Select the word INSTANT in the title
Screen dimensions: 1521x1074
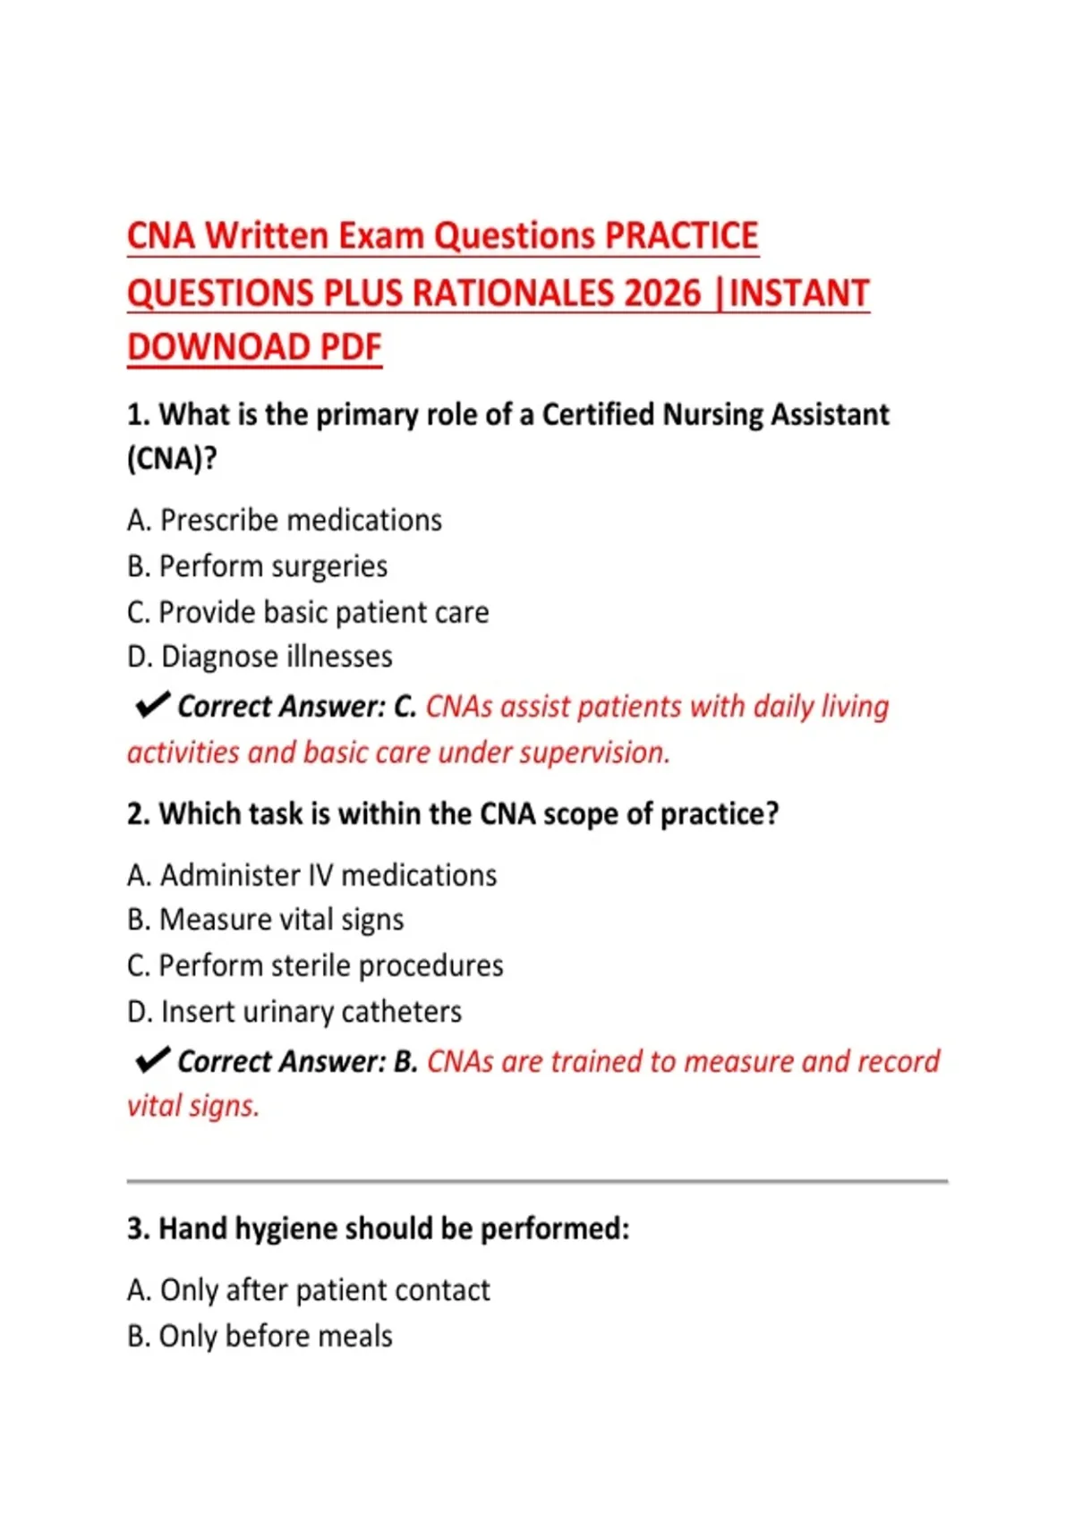point(799,293)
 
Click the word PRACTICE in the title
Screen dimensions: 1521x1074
point(682,236)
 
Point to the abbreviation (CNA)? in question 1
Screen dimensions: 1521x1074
point(172,459)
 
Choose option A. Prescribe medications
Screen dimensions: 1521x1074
point(285,520)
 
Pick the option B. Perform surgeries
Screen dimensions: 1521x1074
point(258,566)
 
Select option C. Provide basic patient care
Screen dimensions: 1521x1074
point(308,612)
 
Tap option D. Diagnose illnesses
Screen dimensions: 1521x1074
point(260,657)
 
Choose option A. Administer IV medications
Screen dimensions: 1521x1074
point(311,875)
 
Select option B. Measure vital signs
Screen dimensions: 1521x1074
point(266,920)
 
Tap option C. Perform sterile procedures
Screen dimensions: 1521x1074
point(315,965)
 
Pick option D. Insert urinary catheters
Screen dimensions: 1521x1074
point(294,1012)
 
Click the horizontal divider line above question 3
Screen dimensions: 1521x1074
point(537,1182)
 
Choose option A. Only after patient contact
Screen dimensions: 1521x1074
point(309,1290)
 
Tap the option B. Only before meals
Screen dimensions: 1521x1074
point(260,1336)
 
